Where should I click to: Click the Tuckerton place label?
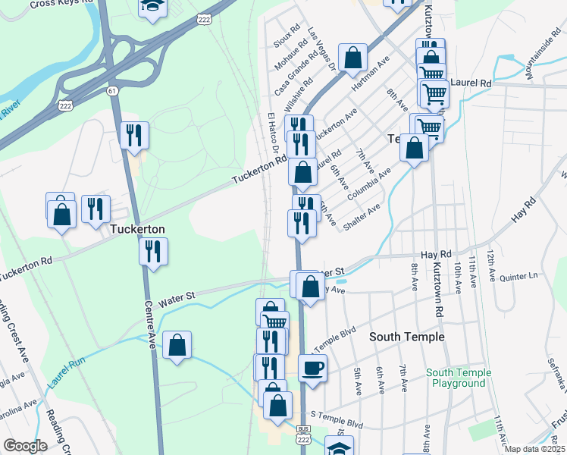[138, 228]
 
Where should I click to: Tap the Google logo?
[25, 446]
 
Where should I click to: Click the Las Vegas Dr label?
[321, 50]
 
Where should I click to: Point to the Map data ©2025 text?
[534, 449]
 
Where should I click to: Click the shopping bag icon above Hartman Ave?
[353, 58]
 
